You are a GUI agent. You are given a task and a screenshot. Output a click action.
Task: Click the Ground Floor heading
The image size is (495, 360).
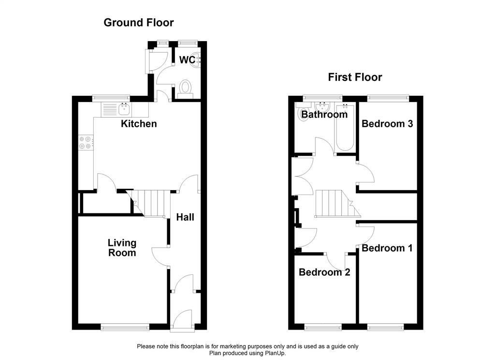[x=139, y=23]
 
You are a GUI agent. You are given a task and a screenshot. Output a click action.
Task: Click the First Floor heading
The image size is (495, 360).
[x=355, y=77]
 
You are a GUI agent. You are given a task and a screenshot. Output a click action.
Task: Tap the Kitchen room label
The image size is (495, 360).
[x=139, y=123]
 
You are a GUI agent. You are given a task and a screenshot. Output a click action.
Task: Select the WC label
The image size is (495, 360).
[x=187, y=60]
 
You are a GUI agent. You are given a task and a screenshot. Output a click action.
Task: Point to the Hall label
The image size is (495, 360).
[x=185, y=217]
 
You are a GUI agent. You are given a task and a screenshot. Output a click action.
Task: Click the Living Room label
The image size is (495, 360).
[x=122, y=248]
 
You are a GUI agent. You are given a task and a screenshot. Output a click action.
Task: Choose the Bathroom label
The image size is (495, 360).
[x=324, y=114]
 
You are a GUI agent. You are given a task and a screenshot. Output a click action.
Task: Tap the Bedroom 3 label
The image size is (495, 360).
[x=387, y=123]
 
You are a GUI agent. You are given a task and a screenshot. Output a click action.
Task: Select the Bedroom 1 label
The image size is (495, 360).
[x=387, y=248]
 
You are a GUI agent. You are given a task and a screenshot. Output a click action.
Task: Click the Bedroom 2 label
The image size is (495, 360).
[x=324, y=272]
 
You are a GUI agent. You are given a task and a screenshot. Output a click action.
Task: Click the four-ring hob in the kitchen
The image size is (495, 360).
[x=86, y=143]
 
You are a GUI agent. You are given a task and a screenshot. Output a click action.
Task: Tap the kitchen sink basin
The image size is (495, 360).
[x=125, y=109]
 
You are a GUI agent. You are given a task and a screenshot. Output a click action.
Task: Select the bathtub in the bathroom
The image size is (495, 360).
[x=345, y=127]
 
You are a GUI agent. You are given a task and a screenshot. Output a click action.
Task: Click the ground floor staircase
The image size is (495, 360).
[x=148, y=203]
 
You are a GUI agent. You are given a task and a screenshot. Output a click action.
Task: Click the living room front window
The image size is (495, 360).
[x=125, y=327]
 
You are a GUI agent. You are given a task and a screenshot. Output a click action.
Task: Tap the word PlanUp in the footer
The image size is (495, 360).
[x=277, y=353]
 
